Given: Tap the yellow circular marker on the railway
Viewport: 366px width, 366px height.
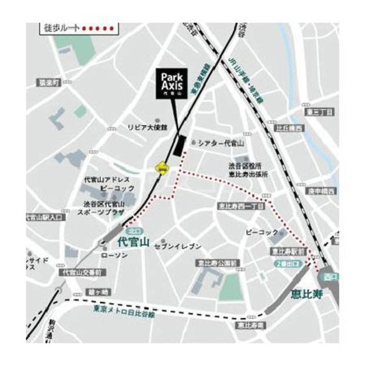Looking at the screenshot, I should click(x=162, y=168).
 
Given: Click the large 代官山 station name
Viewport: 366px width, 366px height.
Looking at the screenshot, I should click(x=133, y=242).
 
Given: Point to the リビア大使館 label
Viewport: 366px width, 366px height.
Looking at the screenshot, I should click(x=148, y=127).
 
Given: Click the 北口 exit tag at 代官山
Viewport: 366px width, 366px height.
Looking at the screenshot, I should click(x=134, y=231).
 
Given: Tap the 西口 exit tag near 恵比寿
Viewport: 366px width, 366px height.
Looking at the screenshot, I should click(x=330, y=277).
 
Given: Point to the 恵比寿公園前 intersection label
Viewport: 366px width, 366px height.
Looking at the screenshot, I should click(x=216, y=264).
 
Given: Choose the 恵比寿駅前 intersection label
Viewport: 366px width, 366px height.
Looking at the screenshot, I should click(x=288, y=252).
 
